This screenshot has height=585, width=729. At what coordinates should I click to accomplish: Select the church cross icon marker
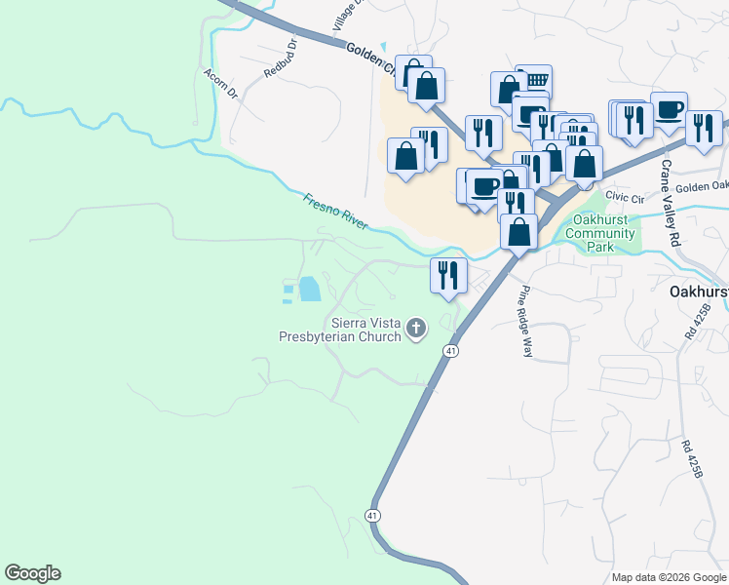tap(416, 329)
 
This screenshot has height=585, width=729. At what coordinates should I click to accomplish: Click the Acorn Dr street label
tap(221, 84)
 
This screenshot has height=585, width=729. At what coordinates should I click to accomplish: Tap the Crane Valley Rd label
tap(670, 203)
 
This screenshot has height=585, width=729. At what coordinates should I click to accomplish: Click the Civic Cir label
tap(625, 197)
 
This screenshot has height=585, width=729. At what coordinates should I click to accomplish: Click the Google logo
tap(32, 573)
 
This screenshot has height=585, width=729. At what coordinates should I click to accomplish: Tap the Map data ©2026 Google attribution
tap(669, 577)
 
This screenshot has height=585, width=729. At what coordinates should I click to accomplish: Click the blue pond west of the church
tap(309, 289)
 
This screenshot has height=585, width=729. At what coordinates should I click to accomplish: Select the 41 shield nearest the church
tap(450, 350)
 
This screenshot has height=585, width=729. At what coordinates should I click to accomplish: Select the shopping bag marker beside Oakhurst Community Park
tap(519, 231)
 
